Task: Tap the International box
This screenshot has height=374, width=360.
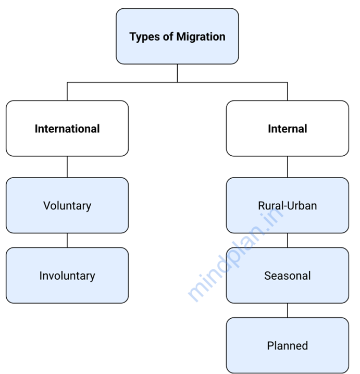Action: [x=67, y=129]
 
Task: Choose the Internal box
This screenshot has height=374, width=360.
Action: [x=287, y=129]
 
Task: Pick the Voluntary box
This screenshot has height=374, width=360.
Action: [x=67, y=205]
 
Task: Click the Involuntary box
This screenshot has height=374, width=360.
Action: [x=67, y=276]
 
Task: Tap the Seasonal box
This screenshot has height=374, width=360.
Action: [x=287, y=276]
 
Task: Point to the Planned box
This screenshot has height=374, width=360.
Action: [x=287, y=345]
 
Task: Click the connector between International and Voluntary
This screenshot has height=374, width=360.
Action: [x=67, y=167]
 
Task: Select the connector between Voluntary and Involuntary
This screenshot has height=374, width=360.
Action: [x=67, y=240]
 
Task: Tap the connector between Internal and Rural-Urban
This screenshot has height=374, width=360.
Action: [x=287, y=167]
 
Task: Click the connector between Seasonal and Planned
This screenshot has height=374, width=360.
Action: [x=287, y=310]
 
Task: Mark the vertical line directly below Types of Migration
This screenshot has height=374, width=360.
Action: [x=177, y=73]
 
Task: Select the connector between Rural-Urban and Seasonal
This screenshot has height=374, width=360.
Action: [x=287, y=240]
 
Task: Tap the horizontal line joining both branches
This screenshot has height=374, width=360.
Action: [x=125, y=82]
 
